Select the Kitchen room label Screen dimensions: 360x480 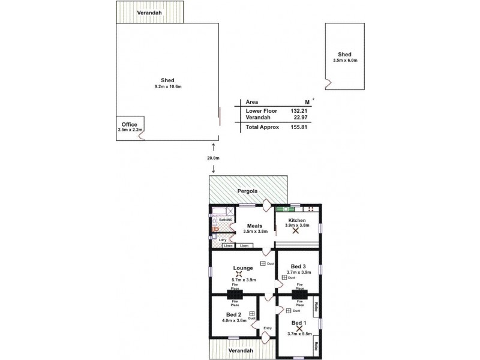pyautogui.click(x=297, y=220)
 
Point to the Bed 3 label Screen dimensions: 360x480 pyautogui.click(x=298, y=266)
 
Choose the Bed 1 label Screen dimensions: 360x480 pyautogui.click(x=298, y=321)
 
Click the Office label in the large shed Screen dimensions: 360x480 pyautogui.click(x=129, y=125)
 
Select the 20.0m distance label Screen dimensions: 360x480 pyautogui.click(x=214, y=158)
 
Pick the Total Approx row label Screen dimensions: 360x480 pyautogui.click(x=262, y=127)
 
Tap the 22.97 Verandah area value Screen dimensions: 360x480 pyautogui.click(x=299, y=118)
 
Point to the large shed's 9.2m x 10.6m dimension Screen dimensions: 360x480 pyautogui.click(x=167, y=86)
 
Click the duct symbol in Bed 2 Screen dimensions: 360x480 pyautogui.click(x=252, y=313)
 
